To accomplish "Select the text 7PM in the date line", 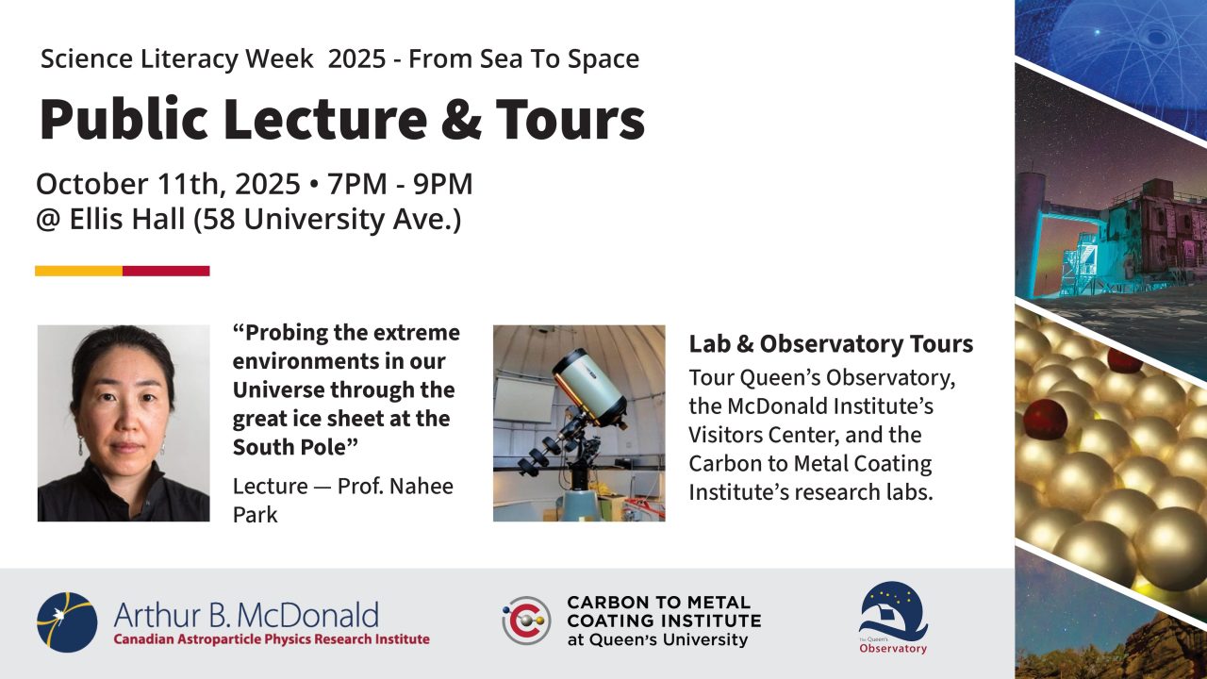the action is click(357, 184).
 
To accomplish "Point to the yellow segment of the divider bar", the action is click(78, 271).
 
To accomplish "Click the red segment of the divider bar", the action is click(166, 271).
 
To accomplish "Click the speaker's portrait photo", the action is click(124, 423).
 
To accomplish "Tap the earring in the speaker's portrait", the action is click(81, 444).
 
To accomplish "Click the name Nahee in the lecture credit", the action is click(422, 486).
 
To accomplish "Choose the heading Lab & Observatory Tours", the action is click(831, 344).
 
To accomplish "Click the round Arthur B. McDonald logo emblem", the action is click(67, 622).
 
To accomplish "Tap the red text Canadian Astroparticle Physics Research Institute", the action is click(272, 639).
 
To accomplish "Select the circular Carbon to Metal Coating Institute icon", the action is click(526, 621).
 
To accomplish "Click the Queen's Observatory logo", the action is click(893, 618).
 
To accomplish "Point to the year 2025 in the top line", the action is click(356, 58).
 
